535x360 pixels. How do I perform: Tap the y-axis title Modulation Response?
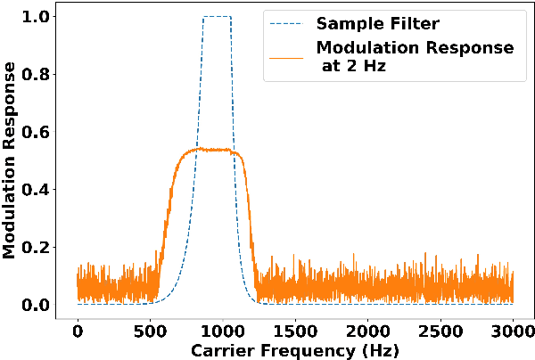[11, 160]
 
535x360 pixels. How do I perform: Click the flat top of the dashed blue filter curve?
[217, 16]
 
